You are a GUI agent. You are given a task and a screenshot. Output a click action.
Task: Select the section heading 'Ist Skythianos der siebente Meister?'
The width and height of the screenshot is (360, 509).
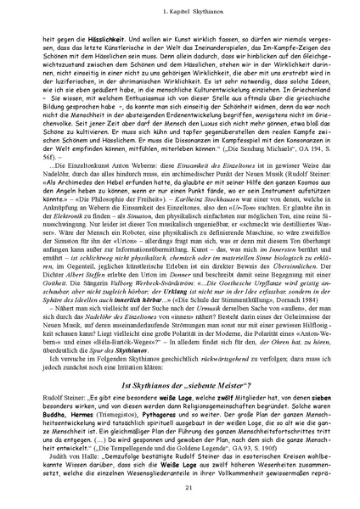tap(180, 386)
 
